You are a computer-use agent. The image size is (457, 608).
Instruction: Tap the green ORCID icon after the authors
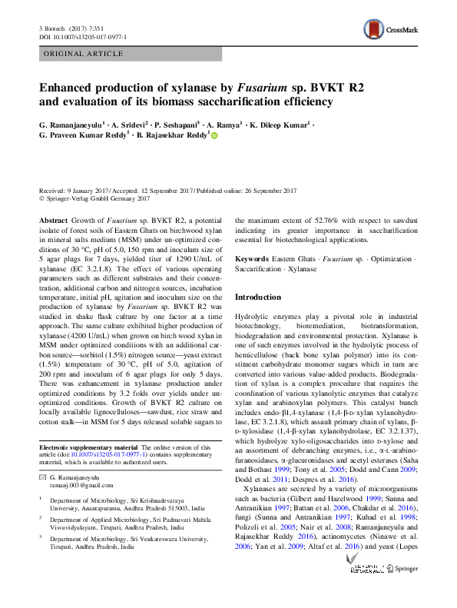tap(214, 135)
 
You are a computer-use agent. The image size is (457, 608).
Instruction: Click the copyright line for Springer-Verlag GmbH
tap(94, 198)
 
